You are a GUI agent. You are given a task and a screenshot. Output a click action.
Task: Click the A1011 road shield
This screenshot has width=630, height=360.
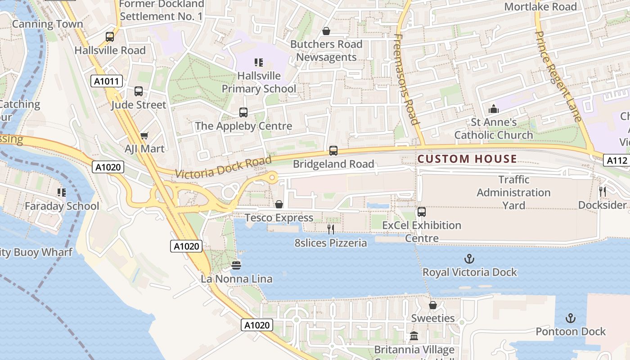[x=107, y=81]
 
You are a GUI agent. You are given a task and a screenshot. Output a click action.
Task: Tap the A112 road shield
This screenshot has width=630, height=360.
[x=616, y=160]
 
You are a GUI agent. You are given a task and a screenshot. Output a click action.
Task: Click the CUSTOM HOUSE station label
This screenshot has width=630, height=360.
[x=467, y=159]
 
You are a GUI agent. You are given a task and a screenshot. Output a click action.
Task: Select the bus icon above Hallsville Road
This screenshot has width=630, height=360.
[x=110, y=37]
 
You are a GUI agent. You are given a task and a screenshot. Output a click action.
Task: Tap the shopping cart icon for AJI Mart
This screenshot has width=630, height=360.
[x=144, y=135]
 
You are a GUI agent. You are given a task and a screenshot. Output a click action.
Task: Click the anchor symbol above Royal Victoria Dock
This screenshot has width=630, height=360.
[x=469, y=259]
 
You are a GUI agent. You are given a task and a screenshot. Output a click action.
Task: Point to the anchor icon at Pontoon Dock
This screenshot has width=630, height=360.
[x=571, y=319]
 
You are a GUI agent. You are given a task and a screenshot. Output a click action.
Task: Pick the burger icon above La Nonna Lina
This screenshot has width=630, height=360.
[x=236, y=265]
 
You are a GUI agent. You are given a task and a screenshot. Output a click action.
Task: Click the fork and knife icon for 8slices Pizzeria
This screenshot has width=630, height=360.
[x=331, y=229]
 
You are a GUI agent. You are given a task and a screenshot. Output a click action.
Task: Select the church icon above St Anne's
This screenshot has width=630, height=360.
[x=494, y=109]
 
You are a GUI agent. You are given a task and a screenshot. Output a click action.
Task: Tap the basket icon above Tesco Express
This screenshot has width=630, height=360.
[x=279, y=204]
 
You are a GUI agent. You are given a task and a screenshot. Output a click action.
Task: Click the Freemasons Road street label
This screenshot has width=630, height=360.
[x=406, y=79]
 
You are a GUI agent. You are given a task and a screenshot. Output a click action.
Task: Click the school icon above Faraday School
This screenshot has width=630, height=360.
[x=62, y=193]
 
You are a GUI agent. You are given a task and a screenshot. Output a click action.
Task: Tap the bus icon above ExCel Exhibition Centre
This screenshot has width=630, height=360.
[x=422, y=211]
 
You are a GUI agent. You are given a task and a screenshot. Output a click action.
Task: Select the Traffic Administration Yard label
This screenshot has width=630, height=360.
[x=513, y=193]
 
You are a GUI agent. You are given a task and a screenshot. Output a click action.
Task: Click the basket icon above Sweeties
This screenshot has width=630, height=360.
[x=433, y=305]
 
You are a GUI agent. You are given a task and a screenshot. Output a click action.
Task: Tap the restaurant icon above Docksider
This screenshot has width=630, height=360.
[x=603, y=192]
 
